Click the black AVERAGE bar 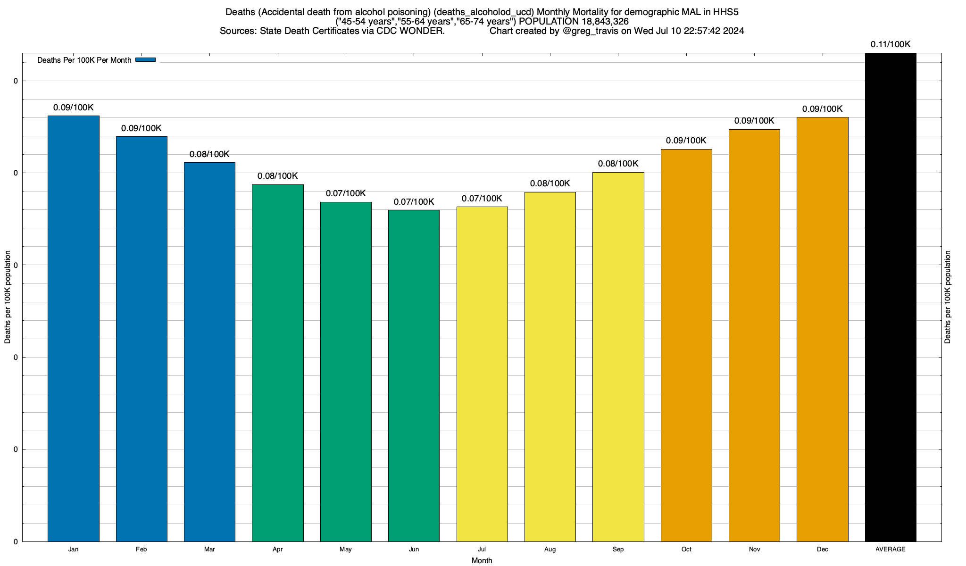[x=891, y=297]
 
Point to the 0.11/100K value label [x=891, y=44]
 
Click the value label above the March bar [x=209, y=154]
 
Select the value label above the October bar [x=686, y=141]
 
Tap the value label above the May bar [x=346, y=193]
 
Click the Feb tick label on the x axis [x=141, y=549]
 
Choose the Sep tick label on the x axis [x=618, y=549]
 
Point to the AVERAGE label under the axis [x=891, y=549]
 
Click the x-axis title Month [x=482, y=560]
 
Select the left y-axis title [x=8, y=297]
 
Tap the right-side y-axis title [x=948, y=297]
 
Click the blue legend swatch [x=145, y=60]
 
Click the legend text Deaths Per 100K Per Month [x=84, y=60]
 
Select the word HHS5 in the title [x=725, y=12]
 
